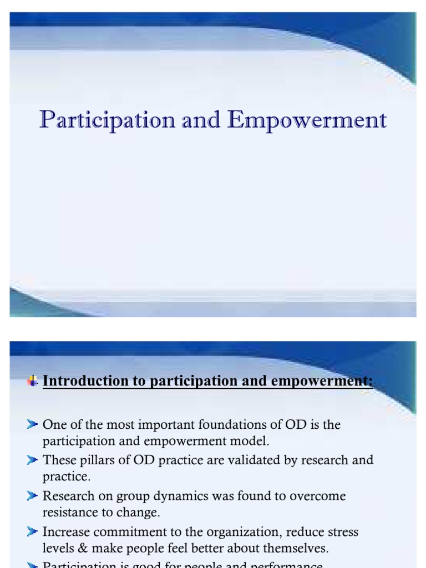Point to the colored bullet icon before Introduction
(x=33, y=381)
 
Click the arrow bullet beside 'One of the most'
(x=32, y=425)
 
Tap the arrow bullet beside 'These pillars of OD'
(x=32, y=460)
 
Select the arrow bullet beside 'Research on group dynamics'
(x=32, y=496)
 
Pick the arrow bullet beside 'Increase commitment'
(x=32, y=532)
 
